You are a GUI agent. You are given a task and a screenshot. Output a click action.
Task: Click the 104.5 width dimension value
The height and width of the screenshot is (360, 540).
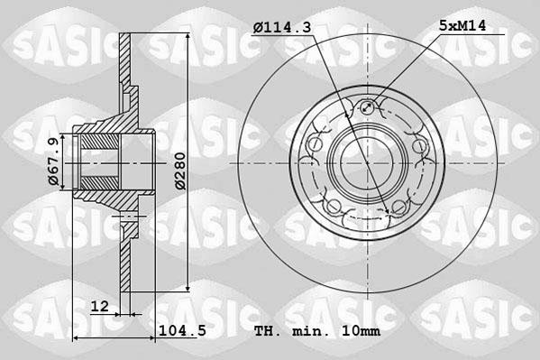click(x=182, y=330)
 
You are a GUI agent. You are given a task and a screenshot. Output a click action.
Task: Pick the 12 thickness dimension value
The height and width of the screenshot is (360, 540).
click(x=101, y=307)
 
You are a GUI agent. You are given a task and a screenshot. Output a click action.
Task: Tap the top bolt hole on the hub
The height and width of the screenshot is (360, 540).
click(x=368, y=110)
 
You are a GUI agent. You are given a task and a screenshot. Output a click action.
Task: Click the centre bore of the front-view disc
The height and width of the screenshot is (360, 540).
click(x=368, y=162)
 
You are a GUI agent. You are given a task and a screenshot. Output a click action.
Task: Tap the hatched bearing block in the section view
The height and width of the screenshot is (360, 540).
click(x=95, y=163)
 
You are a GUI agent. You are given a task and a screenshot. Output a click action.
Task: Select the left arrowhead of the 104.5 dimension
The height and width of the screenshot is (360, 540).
click(x=76, y=338)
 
